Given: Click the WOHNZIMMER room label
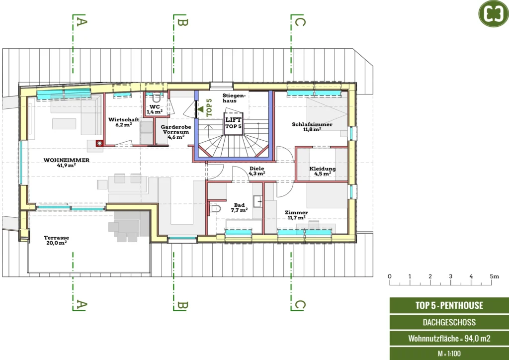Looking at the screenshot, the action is (x=66, y=162).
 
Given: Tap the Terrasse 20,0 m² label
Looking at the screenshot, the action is (x=57, y=240).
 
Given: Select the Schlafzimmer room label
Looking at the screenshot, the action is (x=312, y=126).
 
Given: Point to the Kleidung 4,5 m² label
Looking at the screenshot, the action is (x=322, y=171).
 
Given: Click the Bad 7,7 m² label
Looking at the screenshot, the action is (x=239, y=207).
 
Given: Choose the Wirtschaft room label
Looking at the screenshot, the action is (x=124, y=122).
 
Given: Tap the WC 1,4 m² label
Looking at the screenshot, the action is (x=155, y=109).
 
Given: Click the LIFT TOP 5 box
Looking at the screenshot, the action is (x=234, y=123).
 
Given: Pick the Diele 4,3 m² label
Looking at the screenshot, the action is (x=257, y=171).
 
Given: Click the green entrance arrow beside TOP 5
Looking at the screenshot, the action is (x=200, y=109).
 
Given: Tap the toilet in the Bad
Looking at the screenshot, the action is (x=215, y=209).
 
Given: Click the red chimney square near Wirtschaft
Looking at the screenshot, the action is (x=99, y=143).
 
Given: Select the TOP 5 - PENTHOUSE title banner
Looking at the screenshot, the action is (x=449, y=305).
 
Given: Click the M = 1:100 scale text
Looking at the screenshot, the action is (x=449, y=354).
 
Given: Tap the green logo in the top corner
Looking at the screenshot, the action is (x=494, y=13).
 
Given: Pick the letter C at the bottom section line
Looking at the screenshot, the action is (x=300, y=305).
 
